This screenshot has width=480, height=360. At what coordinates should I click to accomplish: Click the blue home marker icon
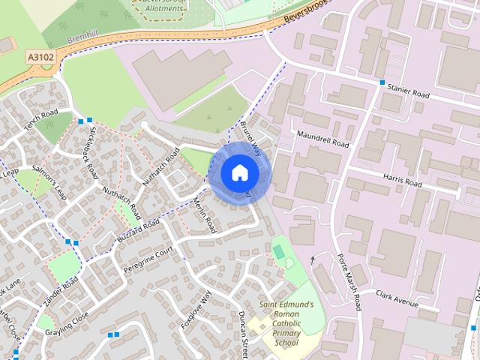(239, 173)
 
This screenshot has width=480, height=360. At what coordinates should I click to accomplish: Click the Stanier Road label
(408, 92)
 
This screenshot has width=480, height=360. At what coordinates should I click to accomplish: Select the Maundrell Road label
(323, 139)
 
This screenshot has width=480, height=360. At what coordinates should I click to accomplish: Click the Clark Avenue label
(397, 298)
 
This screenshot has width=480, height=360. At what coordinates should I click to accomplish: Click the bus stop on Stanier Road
(382, 82)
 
